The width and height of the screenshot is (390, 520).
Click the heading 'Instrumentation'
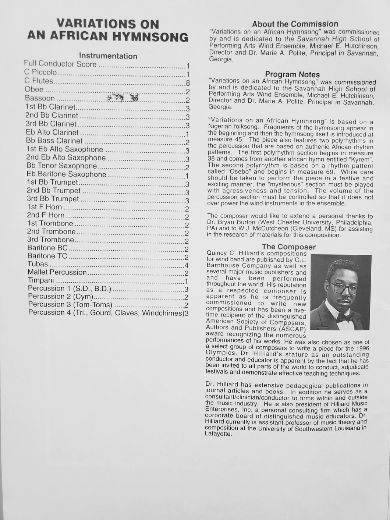pyautogui.click(x=108, y=56)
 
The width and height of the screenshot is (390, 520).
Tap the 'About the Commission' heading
pyautogui.click(x=295, y=24)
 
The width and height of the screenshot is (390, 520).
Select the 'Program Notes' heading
pyautogui.click(x=292, y=74)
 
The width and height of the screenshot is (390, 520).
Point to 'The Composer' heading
pyautogui.click(x=288, y=247)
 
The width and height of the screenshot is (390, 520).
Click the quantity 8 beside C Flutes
pyautogui.click(x=188, y=82)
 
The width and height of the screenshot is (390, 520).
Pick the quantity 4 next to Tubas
pyautogui.click(x=187, y=265)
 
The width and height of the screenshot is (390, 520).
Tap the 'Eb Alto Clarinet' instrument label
pyautogui.click(x=52, y=132)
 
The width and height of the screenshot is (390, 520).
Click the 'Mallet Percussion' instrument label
pyautogui.click(x=57, y=272)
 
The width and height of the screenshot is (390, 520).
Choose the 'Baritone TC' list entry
pyautogui.click(x=47, y=256)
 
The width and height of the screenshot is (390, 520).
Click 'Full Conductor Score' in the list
pyautogui.click(x=61, y=64)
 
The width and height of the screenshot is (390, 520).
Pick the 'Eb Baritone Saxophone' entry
pyautogui.click(x=66, y=174)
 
